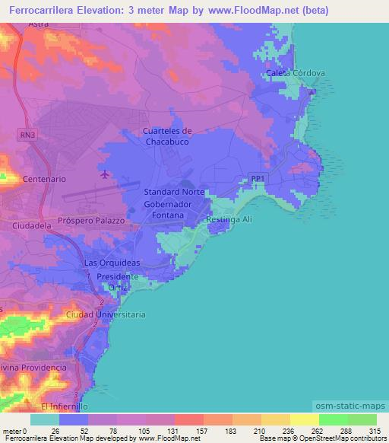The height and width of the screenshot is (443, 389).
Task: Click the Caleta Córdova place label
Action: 296,73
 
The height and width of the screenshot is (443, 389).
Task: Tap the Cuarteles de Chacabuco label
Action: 167,135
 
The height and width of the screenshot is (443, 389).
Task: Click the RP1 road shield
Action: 258,179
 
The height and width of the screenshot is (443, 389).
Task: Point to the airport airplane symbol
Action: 104,176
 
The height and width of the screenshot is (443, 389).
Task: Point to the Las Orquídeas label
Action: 112,263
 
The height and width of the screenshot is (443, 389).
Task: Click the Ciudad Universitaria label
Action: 106,314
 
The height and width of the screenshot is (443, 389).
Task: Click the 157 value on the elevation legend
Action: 203,431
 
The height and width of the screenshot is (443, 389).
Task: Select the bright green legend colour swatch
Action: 333,419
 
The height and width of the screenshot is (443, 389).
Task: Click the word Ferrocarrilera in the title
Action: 37,10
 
